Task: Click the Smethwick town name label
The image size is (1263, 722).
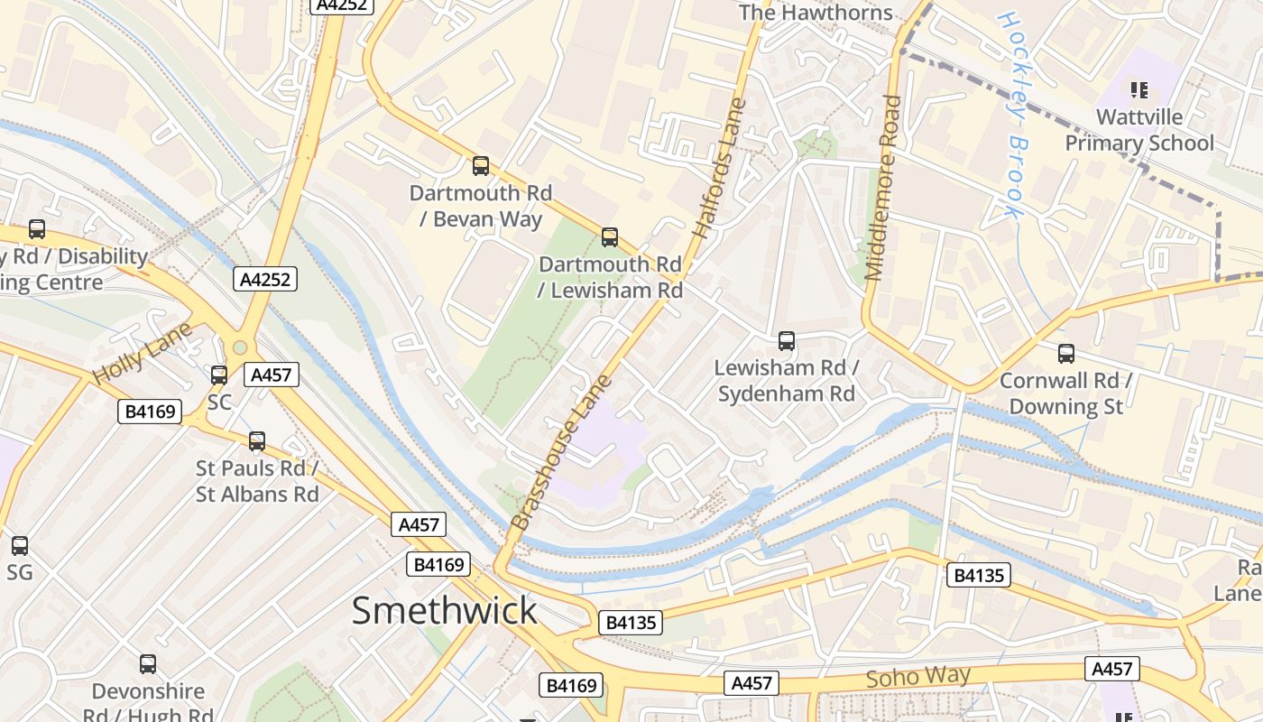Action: [444, 611]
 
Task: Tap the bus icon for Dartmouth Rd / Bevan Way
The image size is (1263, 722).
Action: [481, 166]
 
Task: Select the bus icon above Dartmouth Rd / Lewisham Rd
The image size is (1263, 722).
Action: [610, 237]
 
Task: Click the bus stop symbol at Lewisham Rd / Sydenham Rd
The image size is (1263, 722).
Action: [787, 341]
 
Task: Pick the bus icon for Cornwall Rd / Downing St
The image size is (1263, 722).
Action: [1066, 354]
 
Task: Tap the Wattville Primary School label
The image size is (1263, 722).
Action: [1139, 130]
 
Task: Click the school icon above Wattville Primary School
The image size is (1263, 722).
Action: [1139, 89]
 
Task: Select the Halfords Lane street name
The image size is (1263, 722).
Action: [720, 168]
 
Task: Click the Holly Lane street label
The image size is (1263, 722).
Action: [142, 352]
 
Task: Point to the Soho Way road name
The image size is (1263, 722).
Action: [917, 677]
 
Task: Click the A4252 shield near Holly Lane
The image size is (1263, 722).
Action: [266, 280]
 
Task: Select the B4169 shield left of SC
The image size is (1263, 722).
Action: [150, 412]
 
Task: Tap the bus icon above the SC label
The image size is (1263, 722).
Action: [219, 375]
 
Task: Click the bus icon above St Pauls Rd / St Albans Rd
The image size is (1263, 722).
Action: [257, 441]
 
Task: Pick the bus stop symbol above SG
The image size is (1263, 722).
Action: [20, 545]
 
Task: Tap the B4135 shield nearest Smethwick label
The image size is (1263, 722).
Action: [630, 622]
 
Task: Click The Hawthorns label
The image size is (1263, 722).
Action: [815, 13]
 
